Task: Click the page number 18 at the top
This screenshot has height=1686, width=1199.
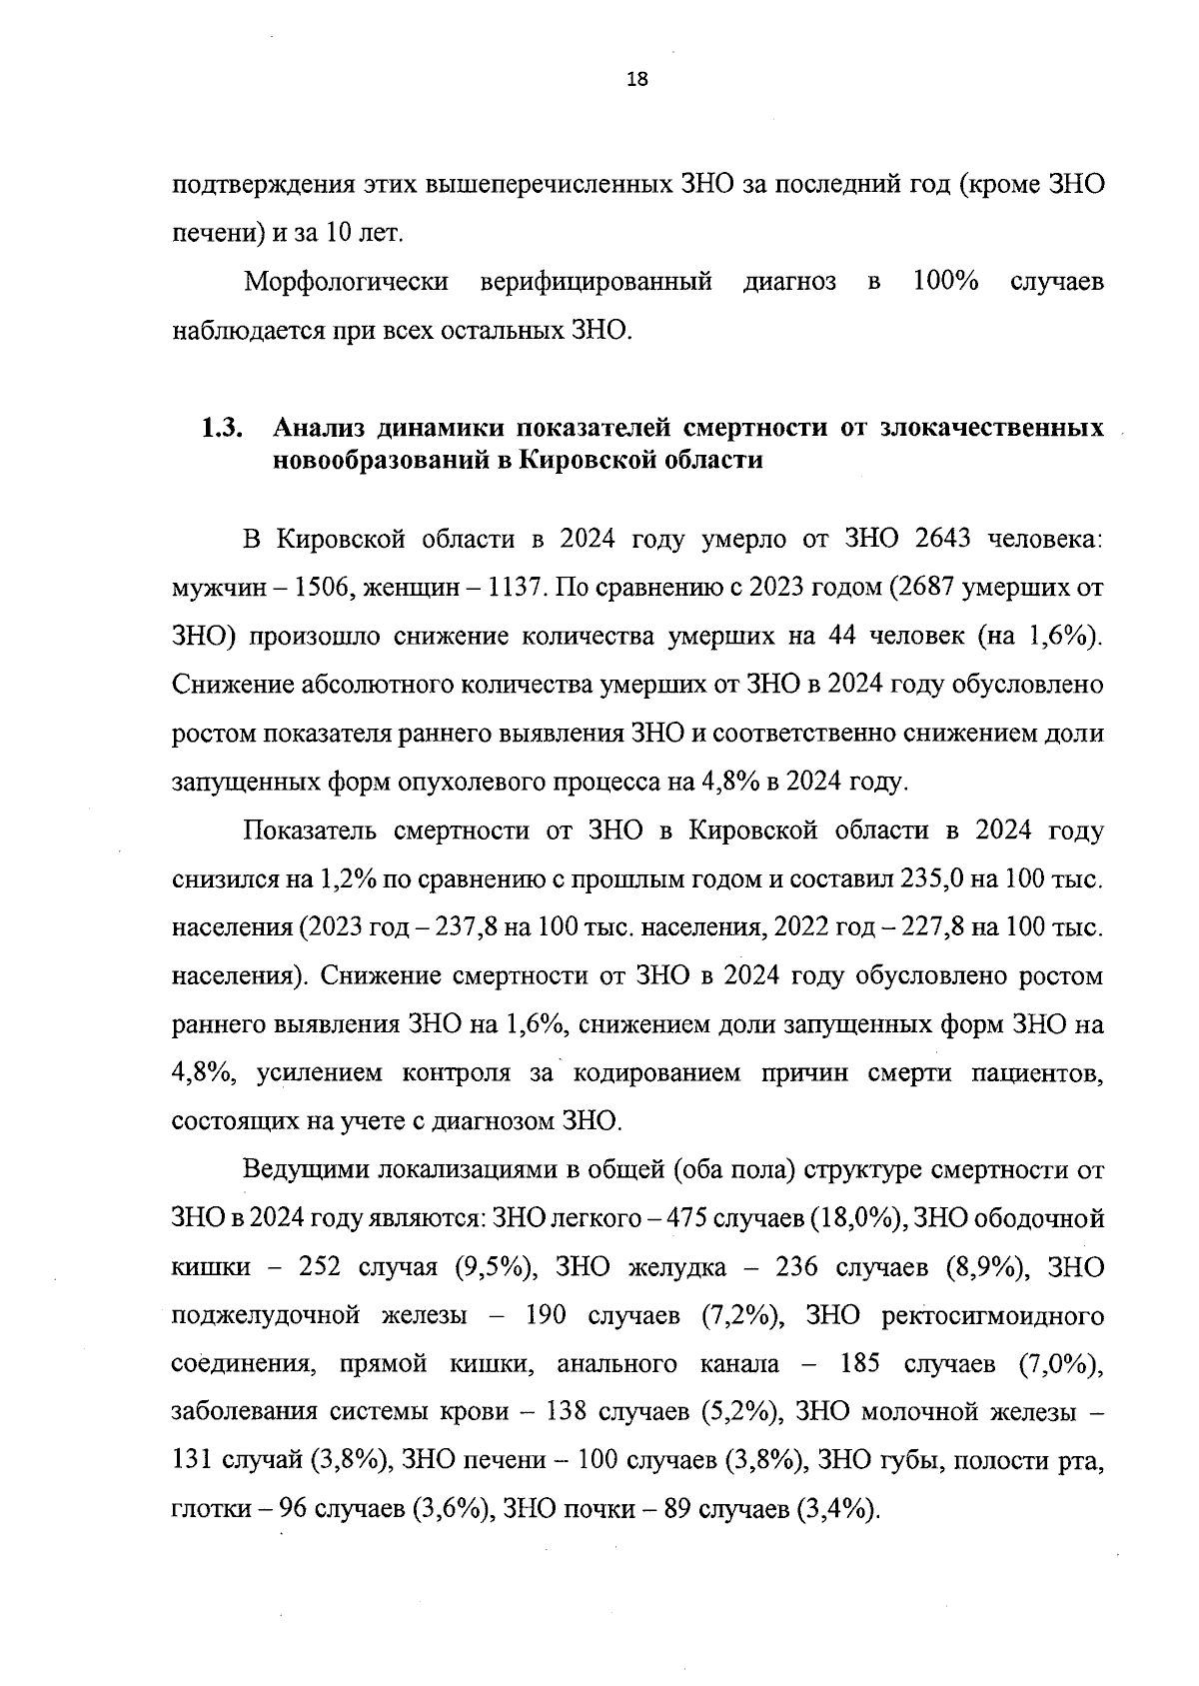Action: [x=636, y=81]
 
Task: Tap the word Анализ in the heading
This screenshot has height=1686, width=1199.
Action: [x=321, y=429]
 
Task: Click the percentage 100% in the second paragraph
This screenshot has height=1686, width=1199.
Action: [x=945, y=282]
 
